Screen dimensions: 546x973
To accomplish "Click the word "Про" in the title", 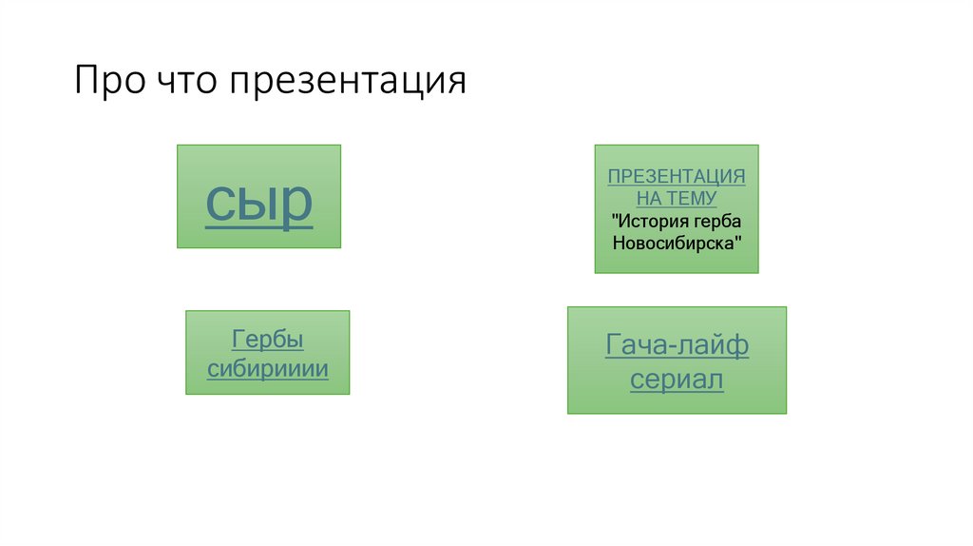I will point(108,81).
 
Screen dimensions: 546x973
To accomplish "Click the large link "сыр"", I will point(259,201).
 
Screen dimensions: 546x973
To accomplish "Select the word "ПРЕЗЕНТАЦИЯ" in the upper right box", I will point(677,177).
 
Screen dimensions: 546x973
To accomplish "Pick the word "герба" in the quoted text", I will point(715,221).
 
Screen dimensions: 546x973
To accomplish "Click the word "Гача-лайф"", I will point(677,345).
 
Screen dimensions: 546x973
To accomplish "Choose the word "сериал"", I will point(677,380).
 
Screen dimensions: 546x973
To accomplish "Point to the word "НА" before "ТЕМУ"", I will point(648,198).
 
